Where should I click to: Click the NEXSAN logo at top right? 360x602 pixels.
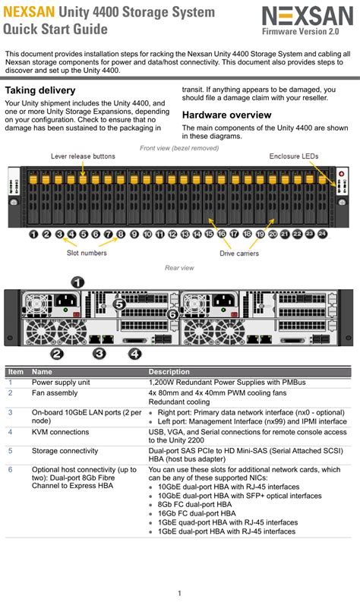[x=308, y=17]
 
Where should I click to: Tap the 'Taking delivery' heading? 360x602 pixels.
[x=40, y=90]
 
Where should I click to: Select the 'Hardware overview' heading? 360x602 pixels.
[x=226, y=115]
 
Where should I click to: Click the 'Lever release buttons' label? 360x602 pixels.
[x=83, y=156]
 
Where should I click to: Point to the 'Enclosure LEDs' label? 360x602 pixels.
[x=293, y=156]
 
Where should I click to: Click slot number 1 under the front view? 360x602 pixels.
[x=34, y=234]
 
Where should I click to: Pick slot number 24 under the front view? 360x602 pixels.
[x=322, y=234]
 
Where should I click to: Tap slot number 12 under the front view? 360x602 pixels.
[x=172, y=234]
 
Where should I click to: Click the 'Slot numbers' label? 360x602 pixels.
[x=87, y=253]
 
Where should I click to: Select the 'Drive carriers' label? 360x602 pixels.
[x=239, y=254]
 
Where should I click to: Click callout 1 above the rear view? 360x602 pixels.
[x=78, y=283]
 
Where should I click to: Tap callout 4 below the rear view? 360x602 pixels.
[x=134, y=354]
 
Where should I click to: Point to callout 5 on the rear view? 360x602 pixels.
[x=119, y=304]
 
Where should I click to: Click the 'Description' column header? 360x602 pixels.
[x=169, y=372]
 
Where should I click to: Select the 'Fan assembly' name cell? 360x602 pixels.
[x=55, y=392]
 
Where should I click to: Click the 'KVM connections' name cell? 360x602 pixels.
[x=60, y=432]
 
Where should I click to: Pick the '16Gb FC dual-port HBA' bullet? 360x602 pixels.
[x=197, y=513]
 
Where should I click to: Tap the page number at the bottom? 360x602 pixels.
[x=179, y=593]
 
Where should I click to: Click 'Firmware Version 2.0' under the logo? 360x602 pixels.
[x=301, y=31]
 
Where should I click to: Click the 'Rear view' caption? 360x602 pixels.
[x=179, y=268]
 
